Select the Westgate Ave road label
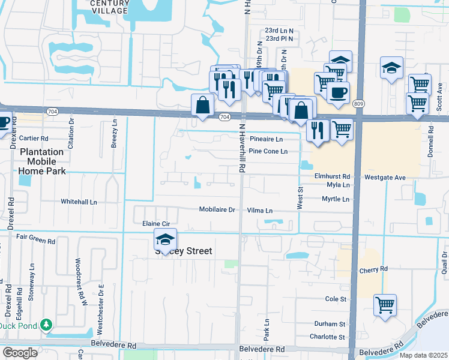tap(385, 178)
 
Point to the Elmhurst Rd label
tap(332, 177)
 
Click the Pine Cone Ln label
tap(273, 151)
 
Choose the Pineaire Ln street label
tap(266, 139)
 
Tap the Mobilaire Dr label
tap(217, 210)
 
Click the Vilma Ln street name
tap(260, 211)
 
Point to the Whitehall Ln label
tap(79, 202)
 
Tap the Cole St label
tap(336, 298)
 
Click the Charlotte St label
tap(328, 337)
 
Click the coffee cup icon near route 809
tap(338, 92)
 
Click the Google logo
tap(20, 352)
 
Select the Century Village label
tap(109, 7)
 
